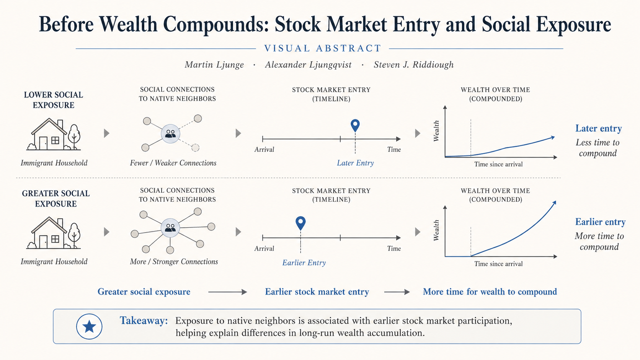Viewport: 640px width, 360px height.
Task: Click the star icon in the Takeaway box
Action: (89, 326)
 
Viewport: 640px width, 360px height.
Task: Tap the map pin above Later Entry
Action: (355, 125)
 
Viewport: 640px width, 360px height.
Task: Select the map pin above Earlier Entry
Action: (300, 223)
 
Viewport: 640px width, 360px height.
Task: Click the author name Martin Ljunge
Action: (214, 65)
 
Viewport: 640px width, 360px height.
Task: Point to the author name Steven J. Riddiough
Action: (414, 65)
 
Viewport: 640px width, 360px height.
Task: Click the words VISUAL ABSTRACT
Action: (323, 48)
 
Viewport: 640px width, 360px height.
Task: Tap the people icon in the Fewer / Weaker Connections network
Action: (171, 134)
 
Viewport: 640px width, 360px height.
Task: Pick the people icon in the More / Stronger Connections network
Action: (170, 228)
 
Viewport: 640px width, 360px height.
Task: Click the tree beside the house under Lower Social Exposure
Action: (74, 137)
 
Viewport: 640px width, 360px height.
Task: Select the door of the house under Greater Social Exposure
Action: (43, 241)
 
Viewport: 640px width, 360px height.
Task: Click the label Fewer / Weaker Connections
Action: (173, 163)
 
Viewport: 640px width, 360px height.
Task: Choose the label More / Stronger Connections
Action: (174, 262)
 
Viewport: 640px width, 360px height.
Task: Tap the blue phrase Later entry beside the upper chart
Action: (599, 129)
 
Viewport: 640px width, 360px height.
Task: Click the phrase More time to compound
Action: (599, 241)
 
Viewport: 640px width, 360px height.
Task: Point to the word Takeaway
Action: (144, 321)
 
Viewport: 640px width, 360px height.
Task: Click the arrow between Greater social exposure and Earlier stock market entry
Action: (227, 292)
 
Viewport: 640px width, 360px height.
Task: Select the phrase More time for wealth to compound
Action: (490, 292)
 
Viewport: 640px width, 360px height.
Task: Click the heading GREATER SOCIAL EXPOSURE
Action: (56, 199)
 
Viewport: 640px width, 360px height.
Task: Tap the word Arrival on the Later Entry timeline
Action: (264, 150)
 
